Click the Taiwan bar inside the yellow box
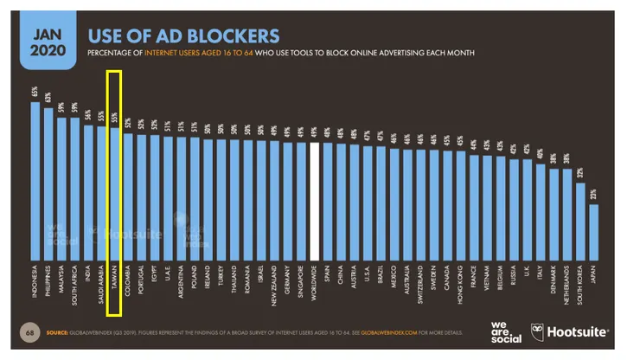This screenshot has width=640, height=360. tap(115, 190)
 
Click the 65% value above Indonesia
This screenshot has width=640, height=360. tap(35, 91)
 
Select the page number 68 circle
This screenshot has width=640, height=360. tap(35, 332)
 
